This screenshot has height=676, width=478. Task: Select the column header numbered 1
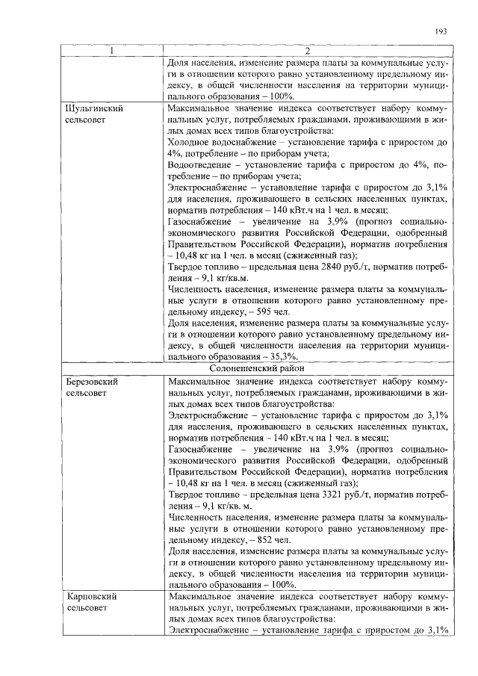coord(112,52)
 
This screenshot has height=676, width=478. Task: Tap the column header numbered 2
coord(306,52)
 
